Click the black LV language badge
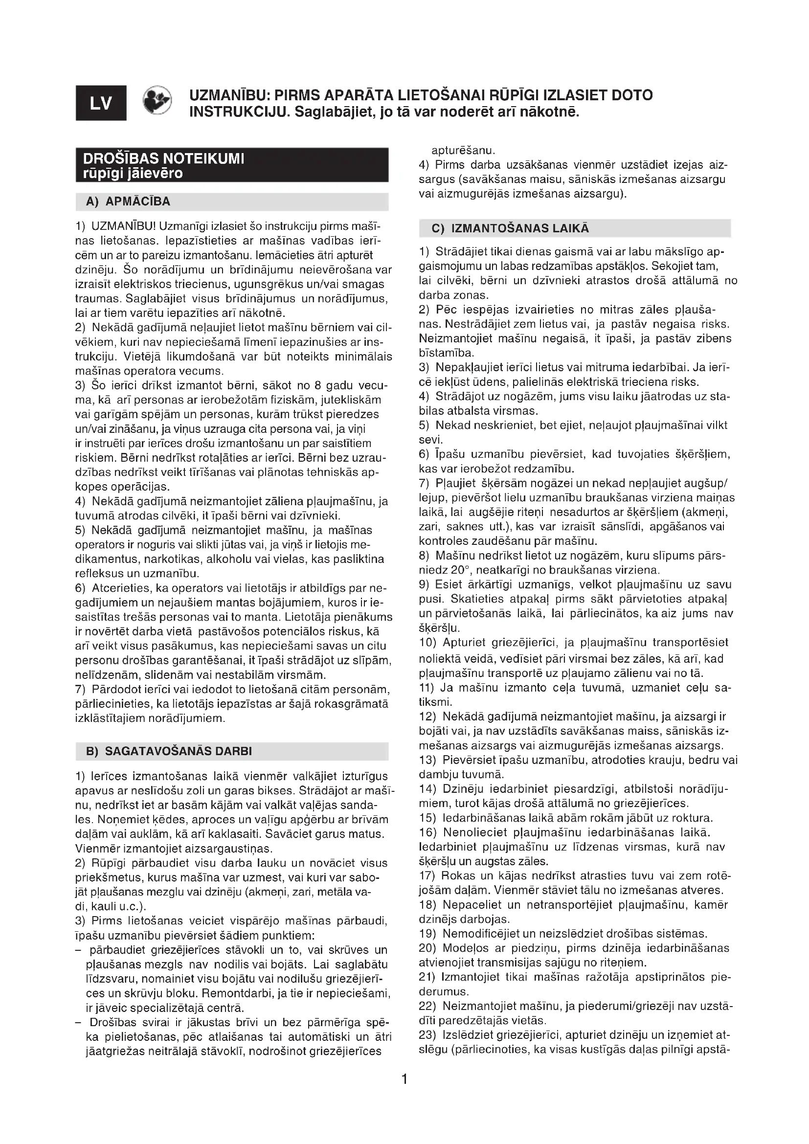101,103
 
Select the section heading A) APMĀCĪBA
128,202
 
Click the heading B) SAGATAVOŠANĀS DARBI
169,751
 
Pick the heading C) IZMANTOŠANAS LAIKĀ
511,228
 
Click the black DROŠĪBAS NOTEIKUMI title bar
232,165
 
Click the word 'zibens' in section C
716,338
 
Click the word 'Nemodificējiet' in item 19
476,933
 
